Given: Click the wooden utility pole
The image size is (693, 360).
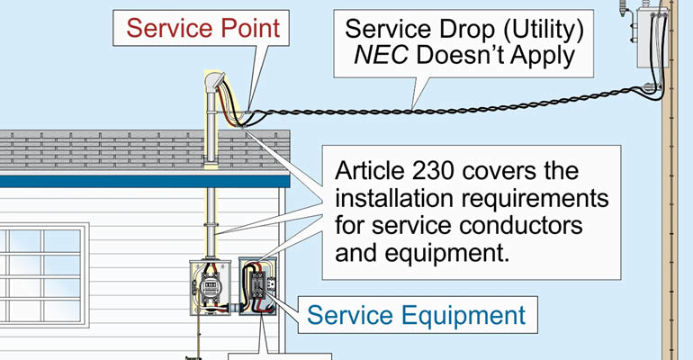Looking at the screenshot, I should (669, 225).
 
